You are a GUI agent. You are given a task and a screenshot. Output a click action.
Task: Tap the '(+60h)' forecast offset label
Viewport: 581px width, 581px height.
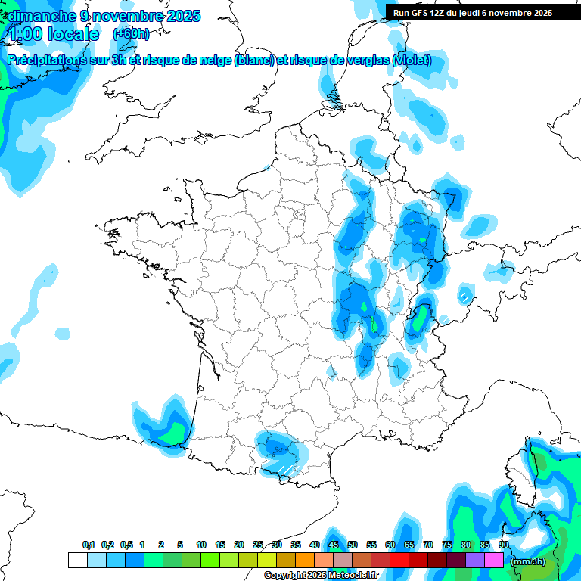131,33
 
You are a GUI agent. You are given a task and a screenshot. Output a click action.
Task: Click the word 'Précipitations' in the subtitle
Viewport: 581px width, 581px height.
45,61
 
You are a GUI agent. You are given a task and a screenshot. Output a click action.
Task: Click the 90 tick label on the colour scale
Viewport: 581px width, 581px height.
503,545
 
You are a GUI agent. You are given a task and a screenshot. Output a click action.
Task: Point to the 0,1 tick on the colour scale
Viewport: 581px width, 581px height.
88,545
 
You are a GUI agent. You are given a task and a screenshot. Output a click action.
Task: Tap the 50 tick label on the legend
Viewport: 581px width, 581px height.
353,545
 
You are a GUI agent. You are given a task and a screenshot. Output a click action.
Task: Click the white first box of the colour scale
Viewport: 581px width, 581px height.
77,560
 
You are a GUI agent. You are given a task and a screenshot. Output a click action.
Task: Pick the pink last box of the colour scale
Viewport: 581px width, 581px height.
494,560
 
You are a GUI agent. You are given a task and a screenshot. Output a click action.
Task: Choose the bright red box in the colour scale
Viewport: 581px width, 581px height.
399,560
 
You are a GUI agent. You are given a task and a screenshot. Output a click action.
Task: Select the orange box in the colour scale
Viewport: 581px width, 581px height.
305,560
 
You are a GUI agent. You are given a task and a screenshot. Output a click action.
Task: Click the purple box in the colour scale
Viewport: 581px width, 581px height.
475,560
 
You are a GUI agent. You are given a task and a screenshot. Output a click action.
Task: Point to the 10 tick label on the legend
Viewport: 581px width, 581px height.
201,545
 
